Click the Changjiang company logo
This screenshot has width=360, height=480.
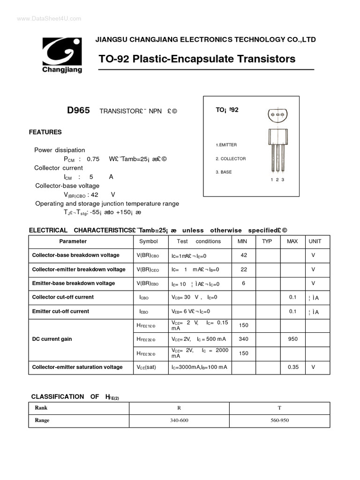[x=62, y=55]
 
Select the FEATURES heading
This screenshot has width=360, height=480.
[x=45, y=132]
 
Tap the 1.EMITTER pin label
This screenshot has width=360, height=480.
[x=226, y=145]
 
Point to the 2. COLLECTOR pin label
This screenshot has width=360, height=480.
[x=231, y=159]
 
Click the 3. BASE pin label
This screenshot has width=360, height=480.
[x=224, y=172]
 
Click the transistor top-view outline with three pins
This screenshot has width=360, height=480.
[x=277, y=115]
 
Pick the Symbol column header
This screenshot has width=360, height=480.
[x=149, y=241]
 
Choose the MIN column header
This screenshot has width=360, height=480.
[x=242, y=241]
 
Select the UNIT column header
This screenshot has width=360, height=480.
[x=315, y=241]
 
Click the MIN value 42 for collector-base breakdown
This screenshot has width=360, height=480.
[x=244, y=255]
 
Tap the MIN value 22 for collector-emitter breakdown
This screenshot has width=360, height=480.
[x=244, y=269]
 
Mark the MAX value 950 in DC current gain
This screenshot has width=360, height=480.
[x=293, y=339]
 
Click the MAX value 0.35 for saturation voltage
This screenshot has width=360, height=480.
[x=293, y=367]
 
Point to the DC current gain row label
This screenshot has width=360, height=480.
[x=52, y=339]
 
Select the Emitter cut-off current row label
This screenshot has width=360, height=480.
[x=60, y=311]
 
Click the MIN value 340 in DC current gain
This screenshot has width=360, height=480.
[x=244, y=339]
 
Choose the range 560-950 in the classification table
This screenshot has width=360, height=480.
[x=280, y=420]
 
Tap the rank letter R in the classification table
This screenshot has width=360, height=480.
[x=179, y=408]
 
